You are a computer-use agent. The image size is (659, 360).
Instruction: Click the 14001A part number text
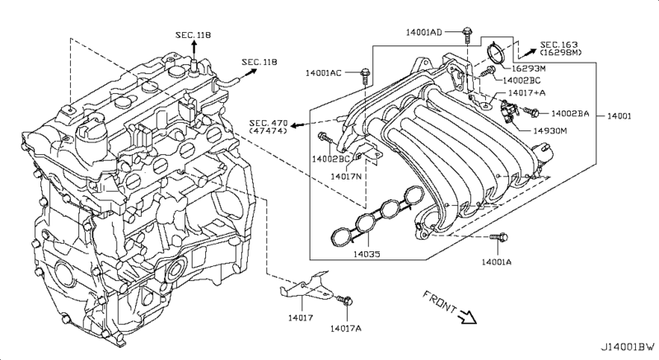coord(496,261)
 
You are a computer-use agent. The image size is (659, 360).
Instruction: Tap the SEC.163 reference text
coord(560,46)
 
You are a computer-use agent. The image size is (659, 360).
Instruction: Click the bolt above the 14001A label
coord(496,239)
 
